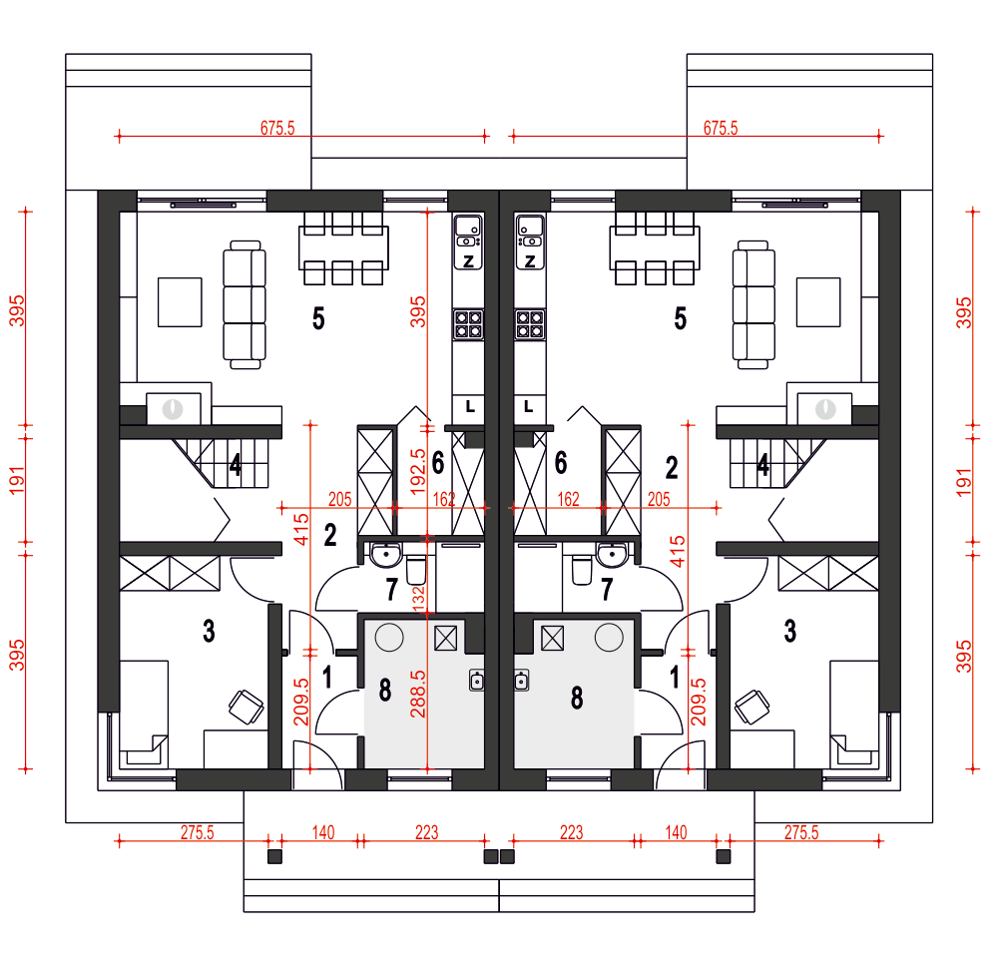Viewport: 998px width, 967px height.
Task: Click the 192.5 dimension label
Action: pyautogui.click(x=417, y=472)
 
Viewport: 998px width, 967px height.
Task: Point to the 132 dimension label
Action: pyautogui.click(x=418, y=599)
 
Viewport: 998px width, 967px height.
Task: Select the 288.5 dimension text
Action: pyautogui.click(x=417, y=694)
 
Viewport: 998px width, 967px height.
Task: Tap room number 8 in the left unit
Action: pyautogui.click(x=385, y=691)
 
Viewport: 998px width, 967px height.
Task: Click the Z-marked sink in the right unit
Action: pyautogui.click(x=530, y=242)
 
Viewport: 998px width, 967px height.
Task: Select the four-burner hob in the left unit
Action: pyautogui.click(x=468, y=323)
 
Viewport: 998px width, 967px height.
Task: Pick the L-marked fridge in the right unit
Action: pyautogui.click(x=529, y=406)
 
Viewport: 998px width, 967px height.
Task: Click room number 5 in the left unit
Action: pyautogui.click(x=318, y=317)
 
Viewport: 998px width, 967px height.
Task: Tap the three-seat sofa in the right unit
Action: pyautogui.click(x=753, y=304)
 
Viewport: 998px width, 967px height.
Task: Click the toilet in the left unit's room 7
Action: pyautogui.click(x=415, y=570)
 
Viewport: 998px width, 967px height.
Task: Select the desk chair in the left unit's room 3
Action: pyautogui.click(x=247, y=707)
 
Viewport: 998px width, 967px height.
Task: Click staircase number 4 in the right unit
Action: pyautogui.click(x=762, y=465)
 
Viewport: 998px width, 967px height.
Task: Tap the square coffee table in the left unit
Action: pyautogui.click(x=180, y=301)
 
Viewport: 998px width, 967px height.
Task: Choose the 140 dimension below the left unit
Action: pyautogui.click(x=323, y=832)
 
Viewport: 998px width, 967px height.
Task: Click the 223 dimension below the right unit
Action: pyautogui.click(x=571, y=832)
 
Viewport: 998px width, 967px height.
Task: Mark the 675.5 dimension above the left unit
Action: pyautogui.click(x=277, y=128)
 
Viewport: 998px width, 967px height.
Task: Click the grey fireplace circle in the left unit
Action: pyautogui.click(x=173, y=409)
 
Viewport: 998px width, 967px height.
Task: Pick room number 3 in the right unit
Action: pyautogui.click(x=789, y=631)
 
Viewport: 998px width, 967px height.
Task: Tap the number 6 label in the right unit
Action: pyautogui.click(x=561, y=463)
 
